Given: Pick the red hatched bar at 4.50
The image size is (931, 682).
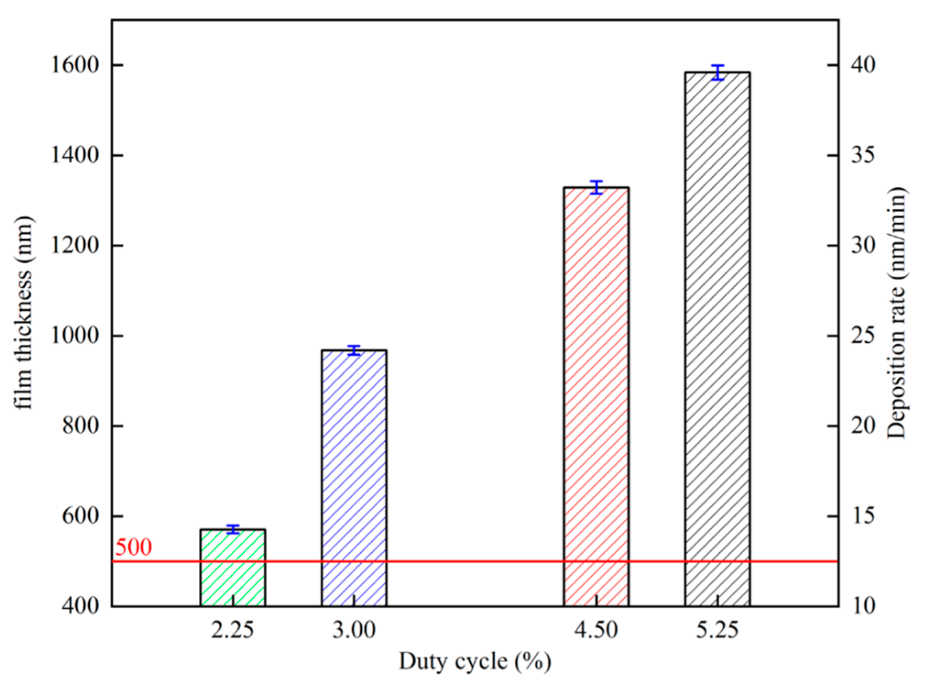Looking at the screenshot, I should point(596,396).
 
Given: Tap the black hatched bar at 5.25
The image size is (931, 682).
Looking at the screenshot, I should point(717,339).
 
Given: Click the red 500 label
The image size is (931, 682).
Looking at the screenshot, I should point(133,547).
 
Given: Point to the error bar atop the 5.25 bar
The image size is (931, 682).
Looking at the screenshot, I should point(718,72).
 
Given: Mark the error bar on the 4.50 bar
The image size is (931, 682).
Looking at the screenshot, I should point(596,187).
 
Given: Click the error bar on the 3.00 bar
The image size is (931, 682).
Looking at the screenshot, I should point(354,350).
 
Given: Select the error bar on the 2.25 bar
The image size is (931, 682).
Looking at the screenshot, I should point(233,529).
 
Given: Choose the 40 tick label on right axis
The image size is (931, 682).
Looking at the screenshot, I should point(863,65).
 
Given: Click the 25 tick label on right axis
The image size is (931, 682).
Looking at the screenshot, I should point(863,335).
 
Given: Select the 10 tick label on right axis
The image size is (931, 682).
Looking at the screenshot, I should point(863,605).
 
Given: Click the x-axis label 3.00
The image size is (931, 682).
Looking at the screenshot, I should point(354,631).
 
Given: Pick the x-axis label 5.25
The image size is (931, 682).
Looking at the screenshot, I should point(717,631).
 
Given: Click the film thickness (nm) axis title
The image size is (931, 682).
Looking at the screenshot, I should point(24,313).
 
